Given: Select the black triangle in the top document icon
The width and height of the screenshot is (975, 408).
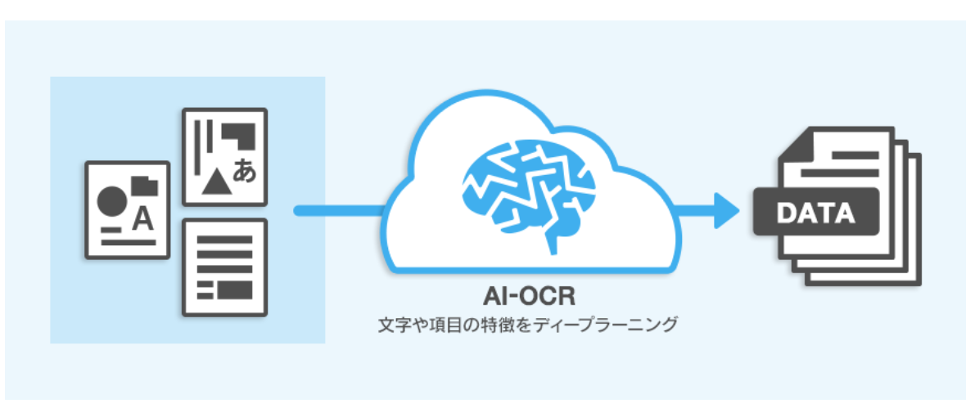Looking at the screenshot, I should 214,182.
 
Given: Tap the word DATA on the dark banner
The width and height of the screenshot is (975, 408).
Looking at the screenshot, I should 815,214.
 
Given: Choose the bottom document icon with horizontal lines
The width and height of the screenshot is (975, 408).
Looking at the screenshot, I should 224,267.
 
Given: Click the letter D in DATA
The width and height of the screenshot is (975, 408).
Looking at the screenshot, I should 784,214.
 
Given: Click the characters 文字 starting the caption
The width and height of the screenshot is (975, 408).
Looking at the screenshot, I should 389,325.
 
